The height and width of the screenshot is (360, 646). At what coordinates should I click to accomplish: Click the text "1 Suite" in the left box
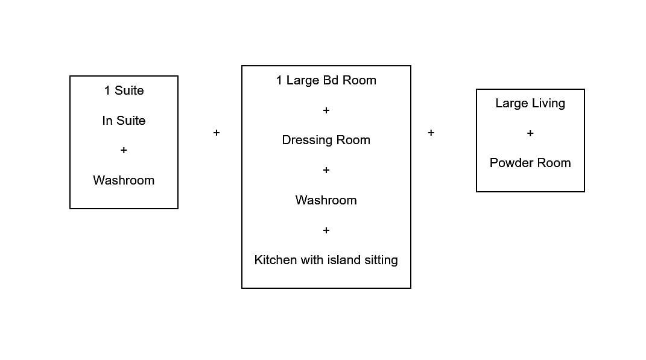(x=124, y=90)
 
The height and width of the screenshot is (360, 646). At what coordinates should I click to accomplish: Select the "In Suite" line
(x=124, y=121)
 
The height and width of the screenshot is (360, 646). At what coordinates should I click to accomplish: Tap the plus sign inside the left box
(x=124, y=150)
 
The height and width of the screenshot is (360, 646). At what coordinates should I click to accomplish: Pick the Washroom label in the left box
(x=124, y=180)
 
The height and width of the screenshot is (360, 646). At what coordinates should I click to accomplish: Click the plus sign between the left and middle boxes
(x=217, y=133)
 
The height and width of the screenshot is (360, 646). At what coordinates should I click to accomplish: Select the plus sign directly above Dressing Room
(x=326, y=110)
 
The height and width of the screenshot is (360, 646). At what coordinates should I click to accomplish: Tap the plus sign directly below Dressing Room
(x=326, y=170)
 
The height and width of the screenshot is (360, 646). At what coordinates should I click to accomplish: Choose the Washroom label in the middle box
(x=326, y=200)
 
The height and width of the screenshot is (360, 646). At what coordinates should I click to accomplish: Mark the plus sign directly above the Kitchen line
(x=326, y=230)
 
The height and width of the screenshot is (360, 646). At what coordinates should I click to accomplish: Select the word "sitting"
(x=379, y=260)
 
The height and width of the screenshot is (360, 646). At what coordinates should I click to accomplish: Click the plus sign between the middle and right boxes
(x=431, y=133)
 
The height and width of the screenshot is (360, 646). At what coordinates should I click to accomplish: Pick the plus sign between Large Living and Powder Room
(x=530, y=133)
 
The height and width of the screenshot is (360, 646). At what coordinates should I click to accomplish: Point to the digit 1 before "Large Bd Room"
(x=279, y=80)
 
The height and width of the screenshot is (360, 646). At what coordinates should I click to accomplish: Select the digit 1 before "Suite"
(x=107, y=90)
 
